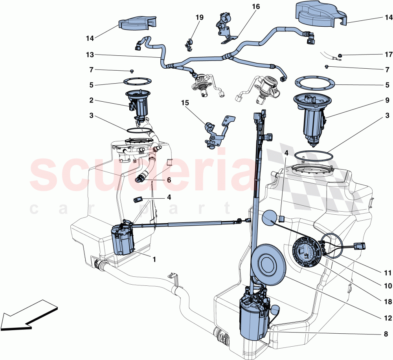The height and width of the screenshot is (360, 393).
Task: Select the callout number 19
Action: tap(199, 18)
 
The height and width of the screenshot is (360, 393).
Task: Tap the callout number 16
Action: tap(256, 7)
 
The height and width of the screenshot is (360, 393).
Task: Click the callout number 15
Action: tap(185, 103)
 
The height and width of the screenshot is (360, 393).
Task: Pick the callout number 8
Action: tap(386, 334)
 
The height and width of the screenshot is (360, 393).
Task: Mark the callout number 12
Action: tap(386, 318)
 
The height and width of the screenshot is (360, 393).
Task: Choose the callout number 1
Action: tap(154, 259)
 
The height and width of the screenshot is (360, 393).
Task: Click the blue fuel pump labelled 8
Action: tap(254, 316)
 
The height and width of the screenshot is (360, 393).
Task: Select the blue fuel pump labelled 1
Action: tap(123, 240)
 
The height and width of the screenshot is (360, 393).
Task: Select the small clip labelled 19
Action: tap(189, 44)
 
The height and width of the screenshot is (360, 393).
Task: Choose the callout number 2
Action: tap(91, 101)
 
